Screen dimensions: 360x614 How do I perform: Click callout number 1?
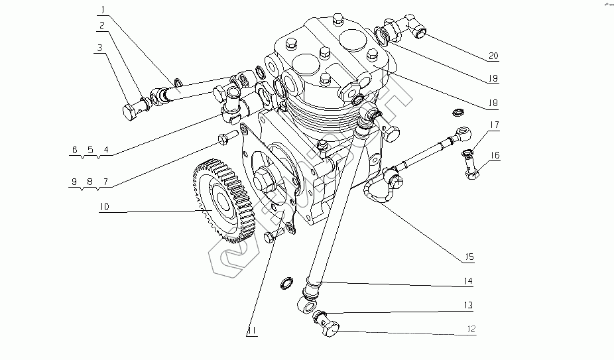coord(103,9)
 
